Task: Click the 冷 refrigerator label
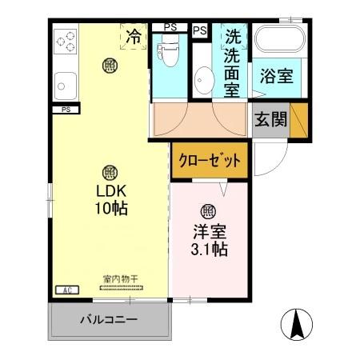tap(134, 36)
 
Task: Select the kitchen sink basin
tap(64, 82)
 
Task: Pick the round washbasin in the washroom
tap(204, 80)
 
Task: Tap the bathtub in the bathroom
tap(276, 41)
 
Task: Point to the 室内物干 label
tap(120, 279)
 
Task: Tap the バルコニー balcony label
tap(107, 321)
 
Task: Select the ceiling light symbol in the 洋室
tap(207, 211)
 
